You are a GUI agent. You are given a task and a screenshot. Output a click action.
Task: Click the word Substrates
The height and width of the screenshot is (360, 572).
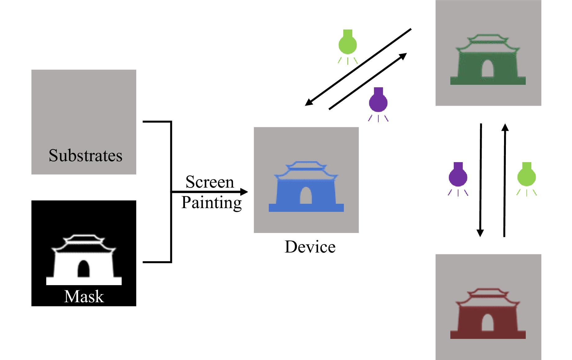coord(85,155)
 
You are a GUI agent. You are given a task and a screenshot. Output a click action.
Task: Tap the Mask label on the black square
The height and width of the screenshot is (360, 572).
coord(84,296)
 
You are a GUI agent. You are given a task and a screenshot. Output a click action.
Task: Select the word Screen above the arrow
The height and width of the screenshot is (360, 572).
coord(209,182)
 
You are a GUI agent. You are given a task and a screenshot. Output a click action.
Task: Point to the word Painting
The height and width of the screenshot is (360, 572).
coord(211,203)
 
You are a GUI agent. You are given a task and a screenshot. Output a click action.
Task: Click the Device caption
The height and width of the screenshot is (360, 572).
coord(310,247)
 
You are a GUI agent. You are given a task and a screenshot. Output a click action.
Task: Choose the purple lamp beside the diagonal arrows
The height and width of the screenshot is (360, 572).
coord(378,102)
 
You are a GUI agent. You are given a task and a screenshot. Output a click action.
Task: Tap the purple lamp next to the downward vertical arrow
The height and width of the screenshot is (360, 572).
coord(458,176)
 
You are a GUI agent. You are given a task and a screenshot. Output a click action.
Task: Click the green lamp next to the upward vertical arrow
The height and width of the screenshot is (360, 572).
coord(526,176)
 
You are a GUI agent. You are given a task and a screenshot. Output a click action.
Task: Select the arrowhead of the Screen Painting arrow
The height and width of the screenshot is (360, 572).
coord(244,192)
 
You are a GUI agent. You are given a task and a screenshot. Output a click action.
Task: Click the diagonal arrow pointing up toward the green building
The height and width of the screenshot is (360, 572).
coord(368,81)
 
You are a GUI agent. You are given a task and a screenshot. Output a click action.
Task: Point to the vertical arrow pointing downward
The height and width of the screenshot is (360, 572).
coord(481,180)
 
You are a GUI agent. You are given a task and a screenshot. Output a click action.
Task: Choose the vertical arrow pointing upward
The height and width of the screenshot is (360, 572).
coord(505,180)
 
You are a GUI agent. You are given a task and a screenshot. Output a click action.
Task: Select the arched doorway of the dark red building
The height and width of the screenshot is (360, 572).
coord(487,323)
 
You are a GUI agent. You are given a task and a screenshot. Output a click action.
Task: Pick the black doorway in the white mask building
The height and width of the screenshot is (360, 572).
coord(83,269)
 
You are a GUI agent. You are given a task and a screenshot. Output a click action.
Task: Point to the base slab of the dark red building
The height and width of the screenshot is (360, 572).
coord(488,335)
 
